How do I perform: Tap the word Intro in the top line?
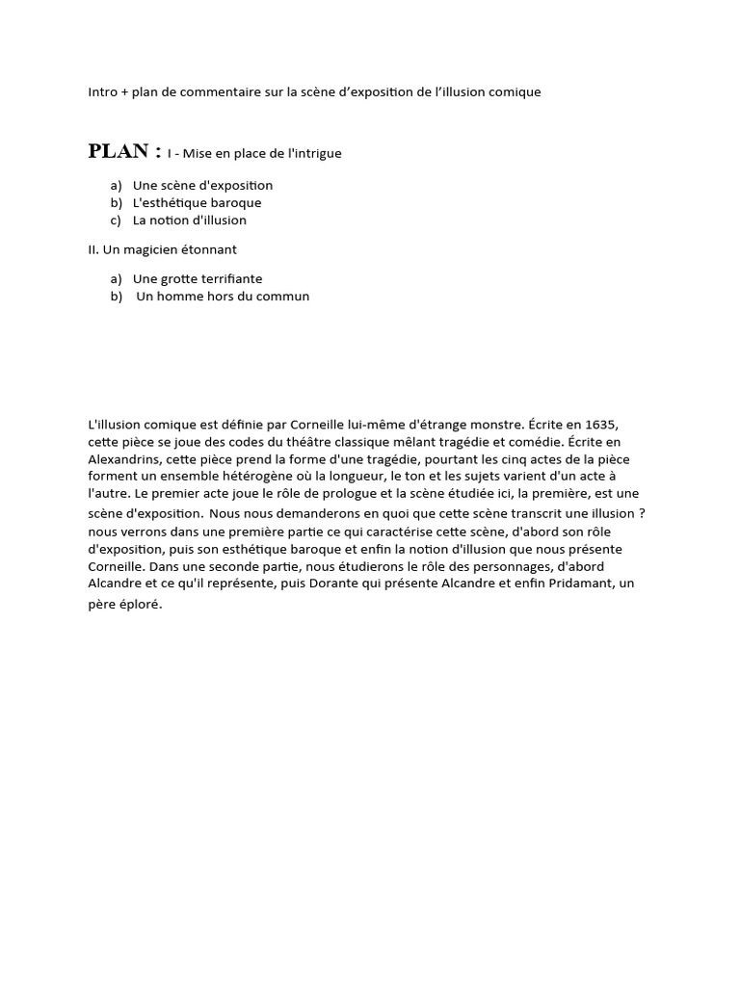point(102,92)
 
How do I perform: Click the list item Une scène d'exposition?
point(202,185)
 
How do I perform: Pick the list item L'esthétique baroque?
point(197,202)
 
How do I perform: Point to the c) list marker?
point(116,220)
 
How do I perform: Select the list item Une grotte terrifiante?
point(198,278)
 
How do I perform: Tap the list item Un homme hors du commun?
point(223,296)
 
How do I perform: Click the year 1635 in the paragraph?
point(598,425)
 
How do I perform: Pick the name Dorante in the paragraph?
point(363,566)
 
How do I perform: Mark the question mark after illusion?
point(642,513)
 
